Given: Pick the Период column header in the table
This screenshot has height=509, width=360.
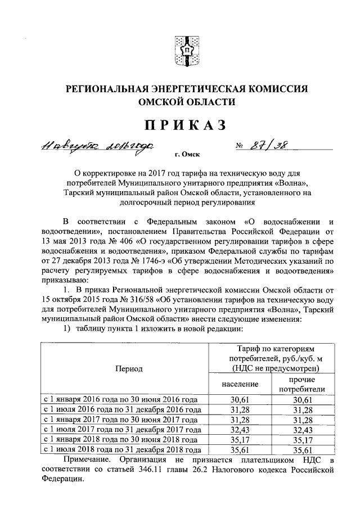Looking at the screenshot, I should (x=129, y=369).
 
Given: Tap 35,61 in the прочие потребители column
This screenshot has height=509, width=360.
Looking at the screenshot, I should (x=298, y=450).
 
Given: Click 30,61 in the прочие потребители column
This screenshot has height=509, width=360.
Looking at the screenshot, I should (x=298, y=399).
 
